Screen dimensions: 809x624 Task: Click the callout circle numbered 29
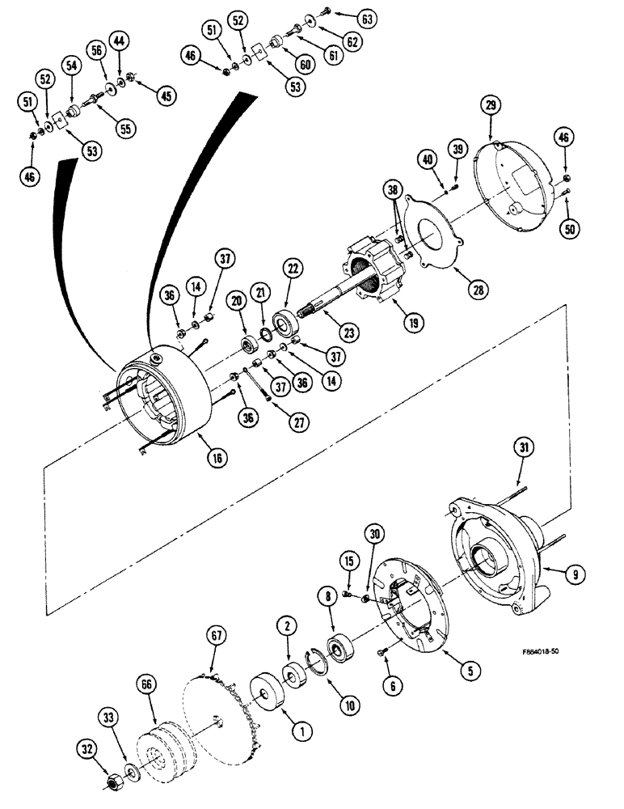point(492,105)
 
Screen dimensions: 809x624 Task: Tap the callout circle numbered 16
point(217,458)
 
